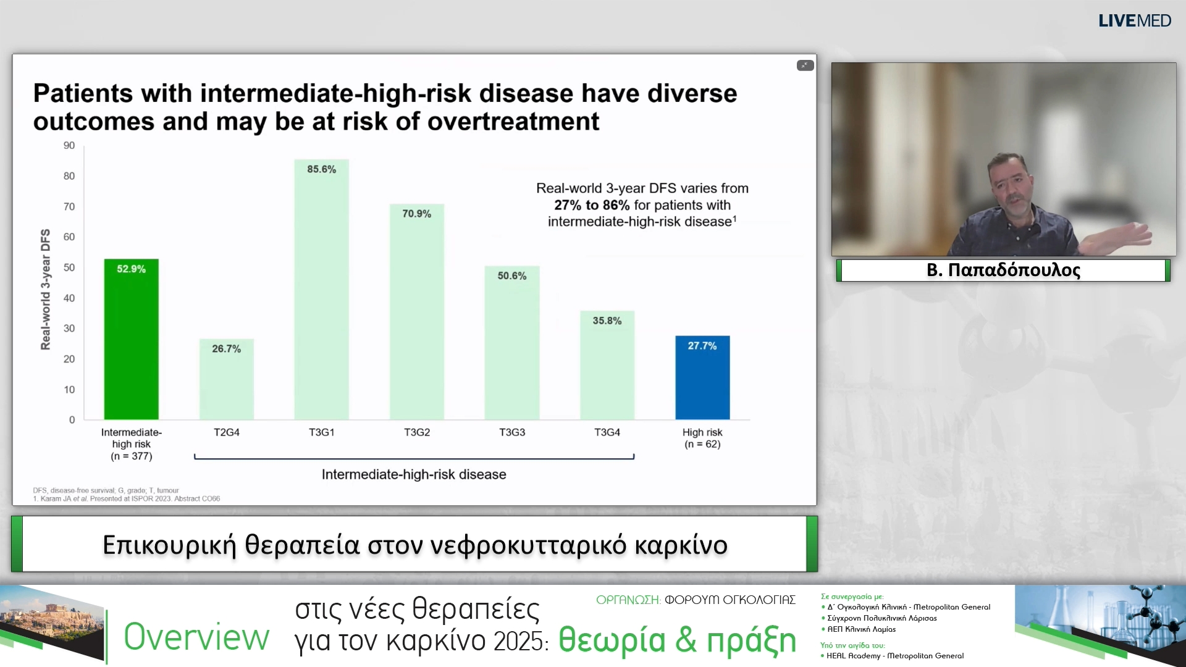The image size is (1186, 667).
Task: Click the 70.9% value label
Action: pyautogui.click(x=416, y=214)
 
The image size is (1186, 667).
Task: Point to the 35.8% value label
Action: pyautogui.click(x=607, y=321)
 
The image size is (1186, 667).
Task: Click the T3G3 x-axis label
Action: pyautogui.click(x=511, y=432)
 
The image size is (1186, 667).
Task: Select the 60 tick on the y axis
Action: pyautogui.click(x=69, y=237)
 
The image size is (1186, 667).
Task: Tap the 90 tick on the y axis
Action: pyautogui.click(x=69, y=146)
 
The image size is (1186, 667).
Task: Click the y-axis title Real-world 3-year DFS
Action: pyautogui.click(x=46, y=289)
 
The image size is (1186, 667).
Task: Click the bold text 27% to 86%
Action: pyautogui.click(x=591, y=205)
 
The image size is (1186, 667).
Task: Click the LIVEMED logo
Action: pyautogui.click(x=1134, y=21)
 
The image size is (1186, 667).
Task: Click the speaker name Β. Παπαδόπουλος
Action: pyautogui.click(x=1003, y=270)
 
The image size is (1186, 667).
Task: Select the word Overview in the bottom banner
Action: pyautogui.click(x=196, y=637)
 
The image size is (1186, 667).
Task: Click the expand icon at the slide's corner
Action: pyautogui.click(x=805, y=65)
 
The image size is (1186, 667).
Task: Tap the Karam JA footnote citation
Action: pyautogui.click(x=127, y=498)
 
